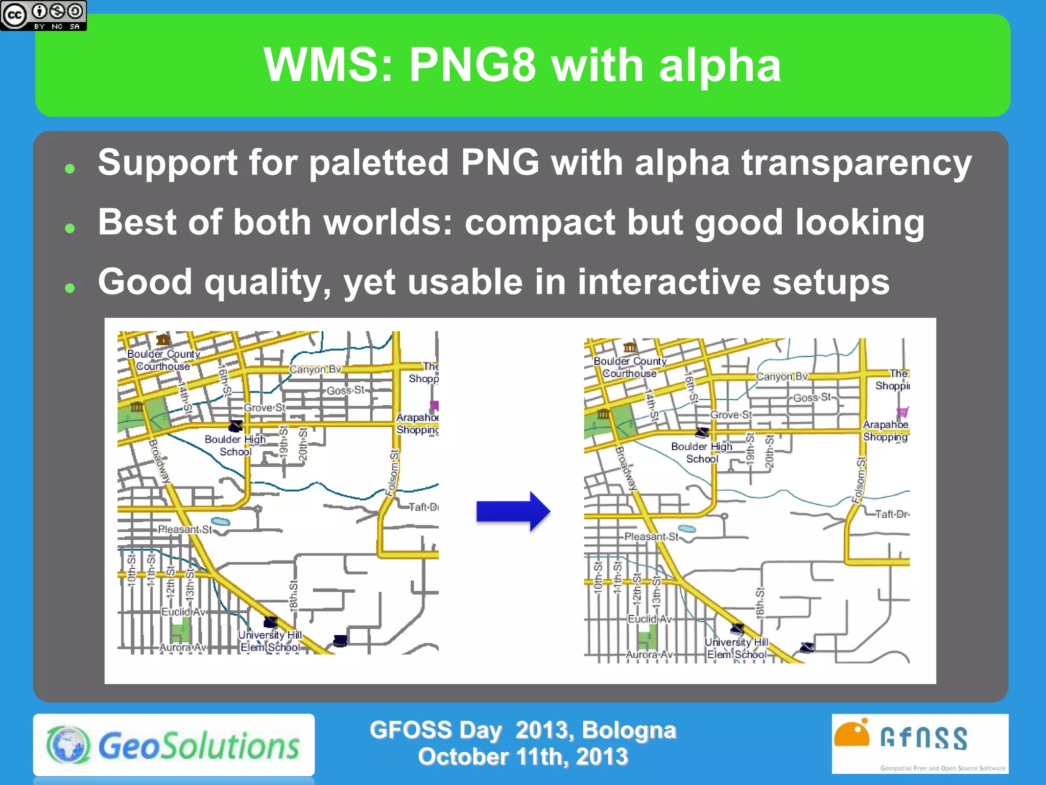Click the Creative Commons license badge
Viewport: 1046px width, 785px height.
click(43, 15)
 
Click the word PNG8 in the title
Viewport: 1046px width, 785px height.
click(472, 65)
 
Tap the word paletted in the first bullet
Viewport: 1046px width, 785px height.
click(378, 163)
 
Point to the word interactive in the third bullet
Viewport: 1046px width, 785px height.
click(669, 282)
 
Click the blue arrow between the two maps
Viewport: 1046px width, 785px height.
click(513, 511)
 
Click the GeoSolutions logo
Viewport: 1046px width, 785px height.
click(174, 745)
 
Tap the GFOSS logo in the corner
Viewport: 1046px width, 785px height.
click(919, 744)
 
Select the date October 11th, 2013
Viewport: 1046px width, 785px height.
click(522, 757)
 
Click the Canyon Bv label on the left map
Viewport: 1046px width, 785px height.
click(315, 370)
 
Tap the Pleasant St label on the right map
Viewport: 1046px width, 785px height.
click(651, 537)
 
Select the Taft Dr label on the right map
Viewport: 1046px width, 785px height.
click(891, 514)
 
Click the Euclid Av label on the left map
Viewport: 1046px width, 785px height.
click(183, 612)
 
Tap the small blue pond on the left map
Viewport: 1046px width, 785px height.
click(221, 521)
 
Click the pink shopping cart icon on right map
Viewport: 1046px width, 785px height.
click(902, 412)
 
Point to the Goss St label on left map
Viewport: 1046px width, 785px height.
click(346, 390)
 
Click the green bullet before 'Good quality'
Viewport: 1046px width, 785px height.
click(70, 288)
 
